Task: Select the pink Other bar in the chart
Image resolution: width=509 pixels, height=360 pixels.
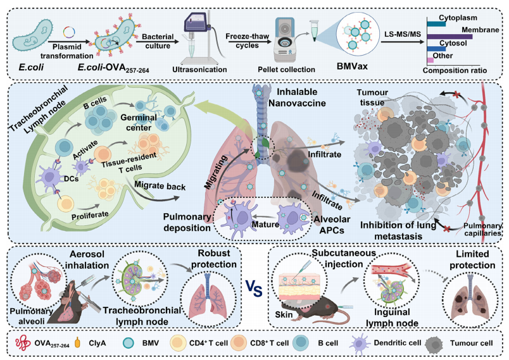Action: (x=431, y=59)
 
